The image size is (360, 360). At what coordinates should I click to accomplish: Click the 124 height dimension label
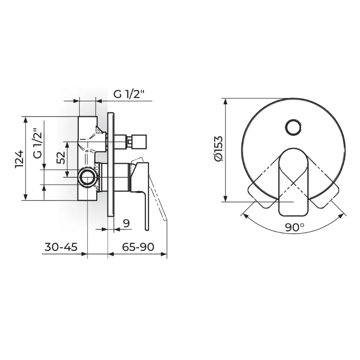coord(19,159)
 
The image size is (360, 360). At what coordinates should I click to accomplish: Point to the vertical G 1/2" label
coord(38,143)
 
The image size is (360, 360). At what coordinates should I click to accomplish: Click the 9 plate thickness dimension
coord(126,223)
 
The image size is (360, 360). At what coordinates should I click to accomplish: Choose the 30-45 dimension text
coord(61,247)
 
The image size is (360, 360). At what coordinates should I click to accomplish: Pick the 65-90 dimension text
coord(138,247)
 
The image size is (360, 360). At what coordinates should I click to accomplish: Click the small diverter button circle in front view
coord(293,128)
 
